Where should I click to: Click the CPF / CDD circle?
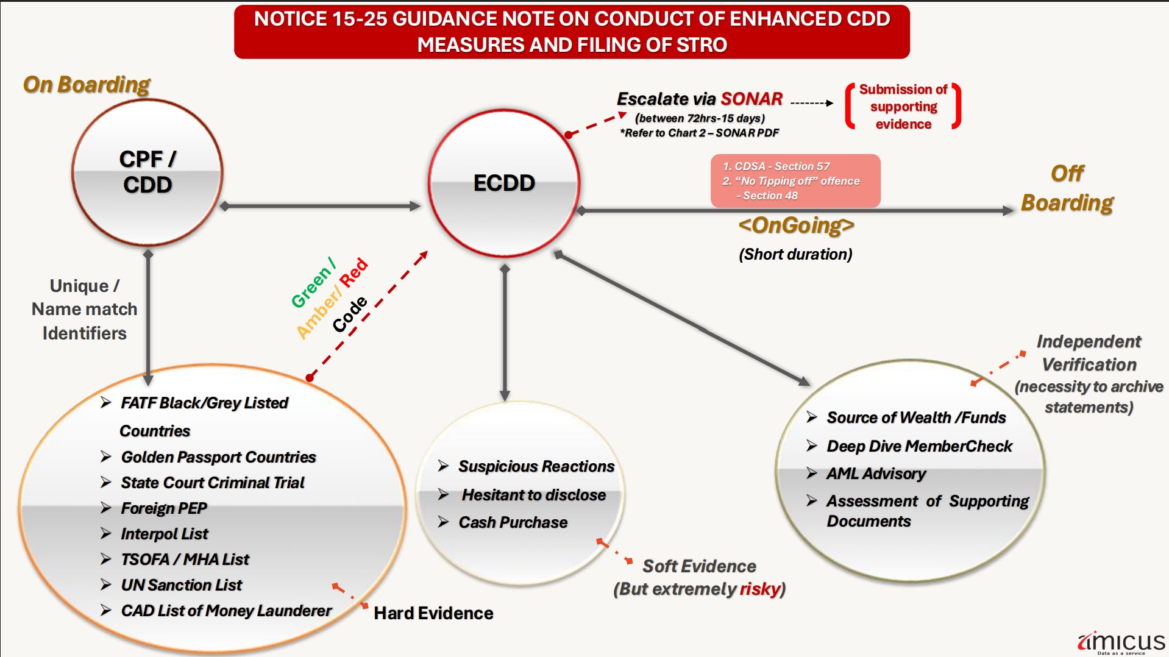pyautogui.click(x=147, y=172)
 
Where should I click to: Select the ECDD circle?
pyautogui.click(x=504, y=183)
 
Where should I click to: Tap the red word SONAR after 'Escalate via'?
pyautogui.click(x=751, y=99)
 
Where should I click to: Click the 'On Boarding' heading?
pyautogui.click(x=87, y=85)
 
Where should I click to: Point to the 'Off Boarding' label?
pyautogui.click(x=1067, y=188)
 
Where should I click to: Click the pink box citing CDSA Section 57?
pyautogui.click(x=795, y=180)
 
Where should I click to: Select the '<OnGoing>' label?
pyautogui.click(x=796, y=226)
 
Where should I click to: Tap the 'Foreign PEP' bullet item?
pyautogui.click(x=164, y=508)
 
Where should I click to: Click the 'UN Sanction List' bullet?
pyautogui.click(x=181, y=585)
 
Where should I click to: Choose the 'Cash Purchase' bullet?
pyautogui.click(x=513, y=522)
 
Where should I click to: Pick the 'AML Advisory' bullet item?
pyautogui.click(x=876, y=474)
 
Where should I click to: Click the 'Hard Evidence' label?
pyautogui.click(x=433, y=613)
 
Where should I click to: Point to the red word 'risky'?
pyautogui.click(x=759, y=589)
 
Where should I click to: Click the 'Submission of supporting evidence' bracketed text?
pyautogui.click(x=903, y=107)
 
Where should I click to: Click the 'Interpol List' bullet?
pyautogui.click(x=165, y=534)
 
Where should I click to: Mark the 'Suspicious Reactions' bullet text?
pyautogui.click(x=536, y=466)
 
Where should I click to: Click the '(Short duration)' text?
pyautogui.click(x=795, y=254)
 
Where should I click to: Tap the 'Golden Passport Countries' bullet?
pyautogui.click(x=218, y=457)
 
